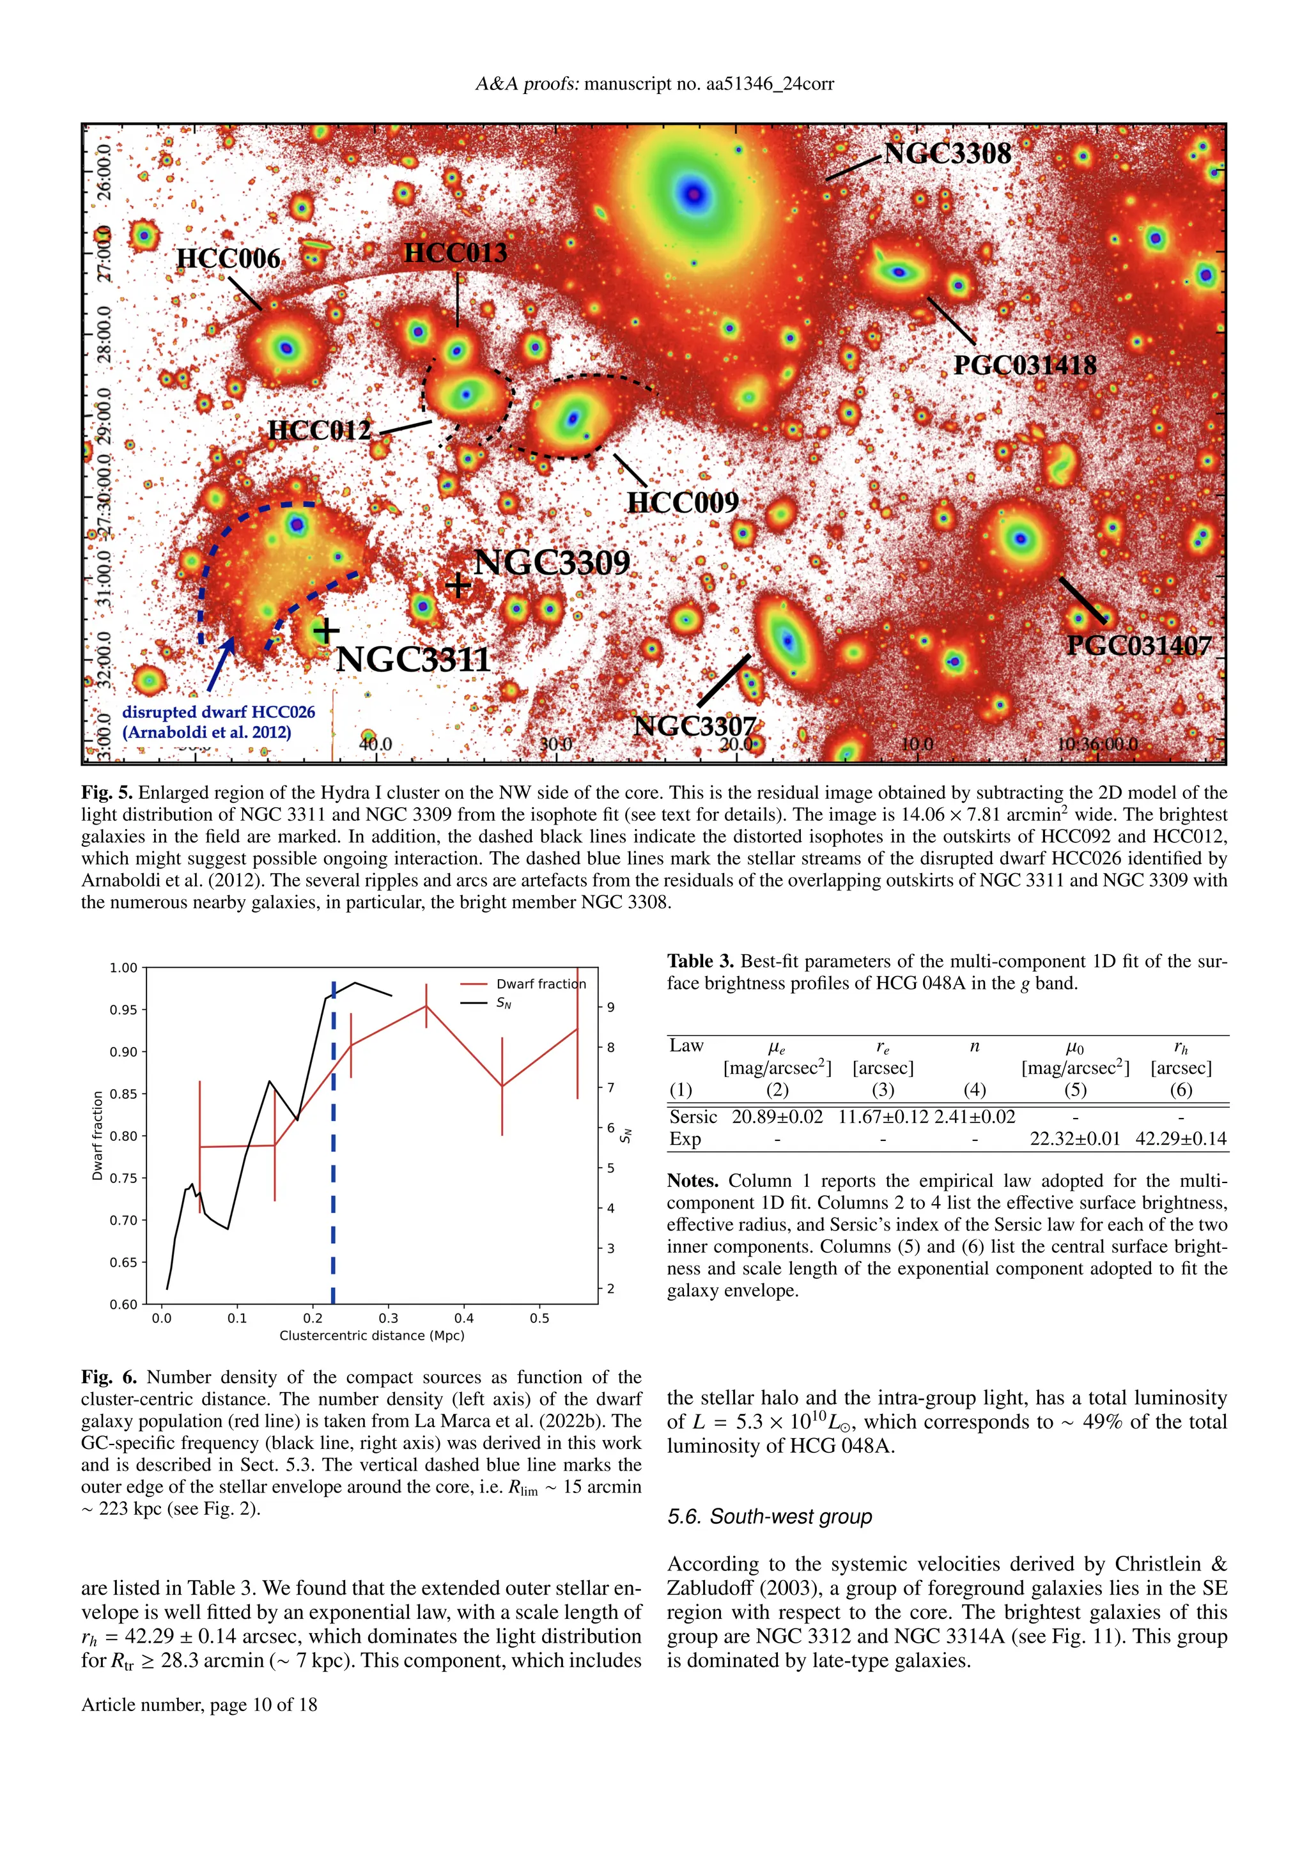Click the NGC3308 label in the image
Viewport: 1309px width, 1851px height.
(947, 153)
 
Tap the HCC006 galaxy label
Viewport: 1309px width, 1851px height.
(228, 258)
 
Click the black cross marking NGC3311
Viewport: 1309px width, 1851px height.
(325, 630)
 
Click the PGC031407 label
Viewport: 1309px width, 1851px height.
(1138, 646)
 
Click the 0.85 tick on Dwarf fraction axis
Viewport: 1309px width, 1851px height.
(123, 1094)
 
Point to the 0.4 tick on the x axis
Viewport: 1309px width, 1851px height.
(463, 1318)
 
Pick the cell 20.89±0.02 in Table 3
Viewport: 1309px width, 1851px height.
(777, 1117)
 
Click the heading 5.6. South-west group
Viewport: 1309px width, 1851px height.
(769, 1517)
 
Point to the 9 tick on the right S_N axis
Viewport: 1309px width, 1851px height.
(611, 1007)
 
